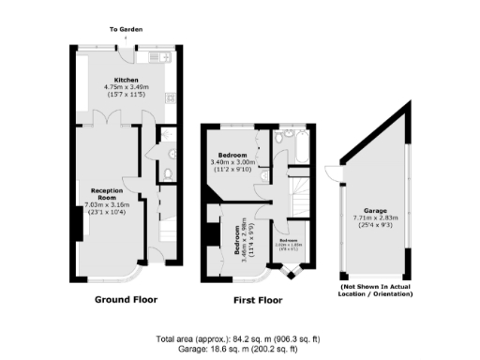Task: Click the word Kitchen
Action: pyautogui.click(x=127, y=80)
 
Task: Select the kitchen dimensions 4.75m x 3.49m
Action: pyautogui.click(x=127, y=87)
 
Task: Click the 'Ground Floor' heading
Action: pyautogui.click(x=126, y=300)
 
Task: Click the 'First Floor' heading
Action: pyautogui.click(x=257, y=301)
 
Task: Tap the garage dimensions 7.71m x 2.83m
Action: pyautogui.click(x=370, y=218)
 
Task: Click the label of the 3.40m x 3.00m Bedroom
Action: pyautogui.click(x=232, y=155)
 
